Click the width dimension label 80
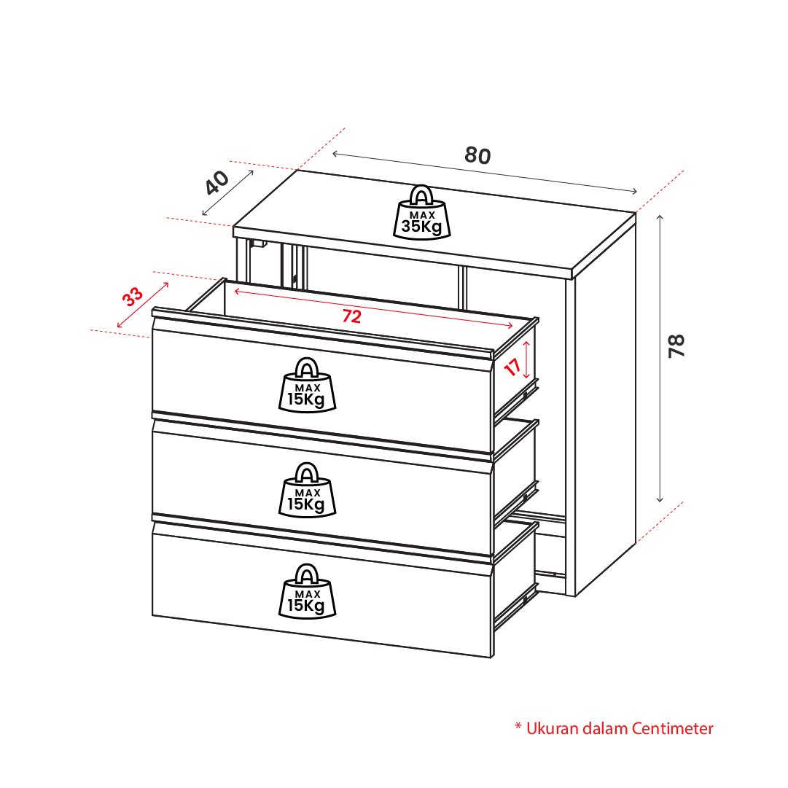point(477,155)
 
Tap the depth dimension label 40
point(217,183)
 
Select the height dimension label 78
point(677,346)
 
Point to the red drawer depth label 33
point(133,297)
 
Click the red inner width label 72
point(352,316)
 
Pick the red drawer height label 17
point(512,367)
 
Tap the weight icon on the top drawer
point(307,385)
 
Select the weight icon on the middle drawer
point(307,490)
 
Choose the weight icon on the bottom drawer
point(307,591)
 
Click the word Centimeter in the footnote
point(672,728)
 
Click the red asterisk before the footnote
point(518,726)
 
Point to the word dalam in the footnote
point(605,728)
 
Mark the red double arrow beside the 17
point(526,360)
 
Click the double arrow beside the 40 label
point(227,193)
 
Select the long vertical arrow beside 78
point(660,359)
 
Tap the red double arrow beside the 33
point(143,305)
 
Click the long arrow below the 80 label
point(485,172)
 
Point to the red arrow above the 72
point(373,308)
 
